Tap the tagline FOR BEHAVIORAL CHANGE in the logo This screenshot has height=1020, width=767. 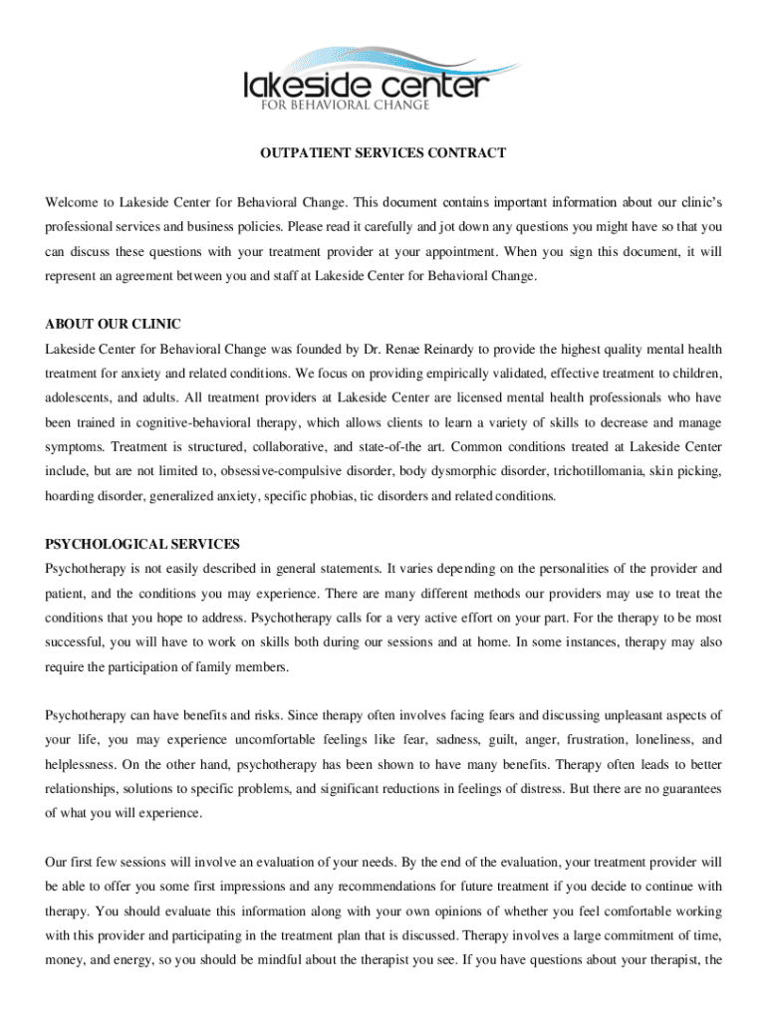click(x=345, y=105)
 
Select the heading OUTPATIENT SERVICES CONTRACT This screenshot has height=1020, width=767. click(x=383, y=153)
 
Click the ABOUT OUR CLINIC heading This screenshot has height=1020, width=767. click(x=113, y=325)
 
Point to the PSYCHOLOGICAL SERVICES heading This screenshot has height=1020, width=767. click(x=142, y=545)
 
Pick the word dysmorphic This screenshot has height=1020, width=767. click(x=450, y=471)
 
